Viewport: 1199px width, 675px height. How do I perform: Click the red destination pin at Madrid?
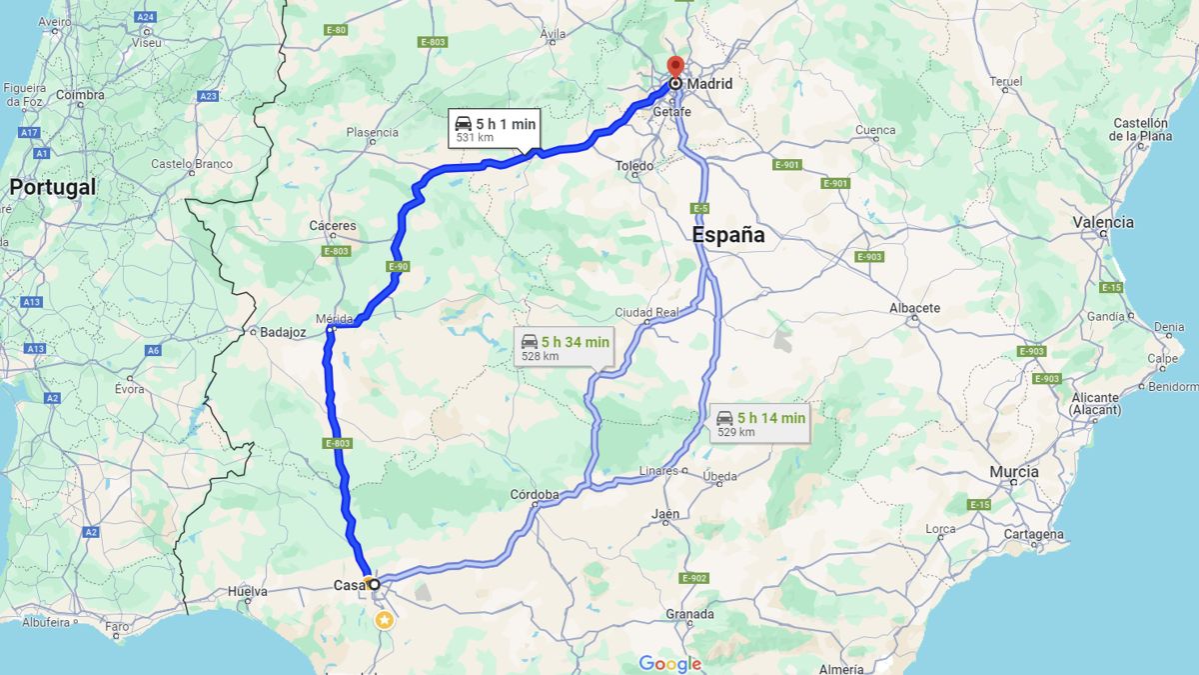click(x=674, y=67)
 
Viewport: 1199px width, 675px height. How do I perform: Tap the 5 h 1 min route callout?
click(x=494, y=129)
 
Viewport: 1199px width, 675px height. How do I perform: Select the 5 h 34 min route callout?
click(x=564, y=346)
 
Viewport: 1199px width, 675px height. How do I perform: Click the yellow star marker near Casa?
click(x=384, y=620)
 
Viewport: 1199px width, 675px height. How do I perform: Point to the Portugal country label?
click(x=53, y=187)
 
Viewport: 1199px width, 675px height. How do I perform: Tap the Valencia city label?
click(x=1103, y=223)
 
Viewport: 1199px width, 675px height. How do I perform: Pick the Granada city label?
click(x=689, y=614)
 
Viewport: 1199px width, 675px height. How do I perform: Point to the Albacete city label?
click(x=914, y=308)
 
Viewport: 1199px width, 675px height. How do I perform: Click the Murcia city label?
click(x=1014, y=472)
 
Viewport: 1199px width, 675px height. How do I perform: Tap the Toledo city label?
click(x=634, y=166)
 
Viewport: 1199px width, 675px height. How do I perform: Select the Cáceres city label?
click(x=333, y=226)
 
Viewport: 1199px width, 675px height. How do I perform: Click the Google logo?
click(x=669, y=664)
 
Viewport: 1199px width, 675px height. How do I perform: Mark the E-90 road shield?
click(x=398, y=266)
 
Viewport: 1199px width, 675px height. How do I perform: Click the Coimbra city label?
click(x=80, y=96)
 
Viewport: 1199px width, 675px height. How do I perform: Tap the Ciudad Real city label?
click(x=646, y=312)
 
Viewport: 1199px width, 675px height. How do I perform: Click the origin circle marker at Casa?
click(x=374, y=584)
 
